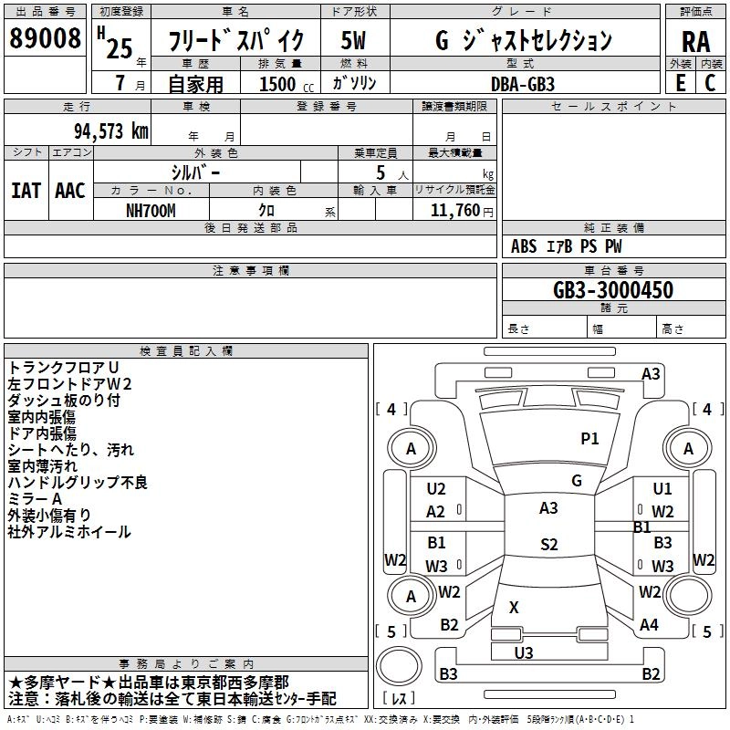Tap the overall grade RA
695,41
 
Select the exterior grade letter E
680,82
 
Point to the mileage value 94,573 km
111,131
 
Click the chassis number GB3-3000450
613,290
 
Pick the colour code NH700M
151,211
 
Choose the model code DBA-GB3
521,83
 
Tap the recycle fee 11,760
453,211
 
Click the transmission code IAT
26,191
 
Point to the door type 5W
353,40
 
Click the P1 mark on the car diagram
590,439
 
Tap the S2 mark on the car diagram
548,545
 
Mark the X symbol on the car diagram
514,607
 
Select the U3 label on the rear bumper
524,652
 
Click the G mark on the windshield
577,480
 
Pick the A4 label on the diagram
649,625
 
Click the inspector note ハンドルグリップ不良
78,482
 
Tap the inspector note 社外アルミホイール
69,531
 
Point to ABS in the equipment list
524,246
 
